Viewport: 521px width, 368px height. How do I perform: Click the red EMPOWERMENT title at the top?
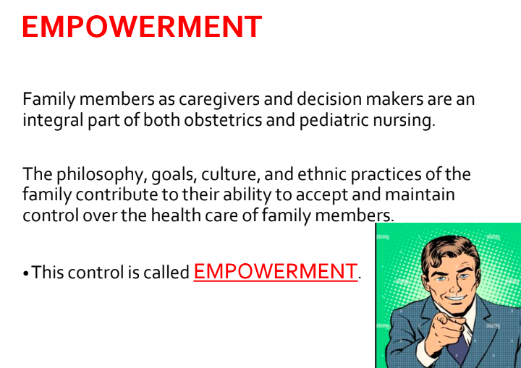(141, 27)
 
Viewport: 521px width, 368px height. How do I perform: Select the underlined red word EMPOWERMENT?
(275, 272)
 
